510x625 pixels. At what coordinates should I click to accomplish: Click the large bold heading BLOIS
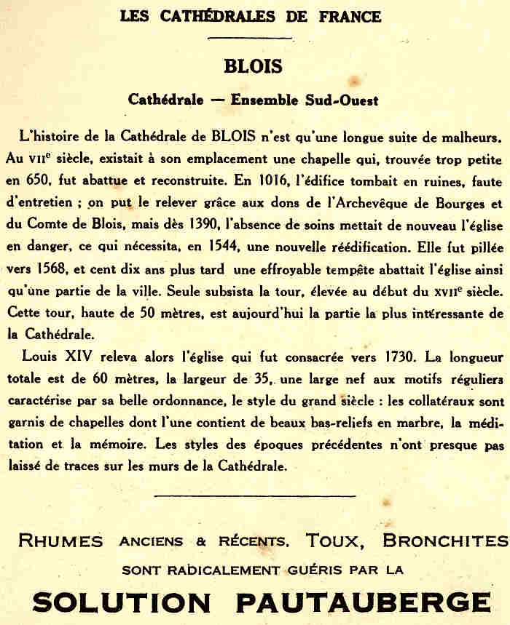pos(253,66)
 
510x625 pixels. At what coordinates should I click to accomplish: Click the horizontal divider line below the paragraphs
pos(255,495)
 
